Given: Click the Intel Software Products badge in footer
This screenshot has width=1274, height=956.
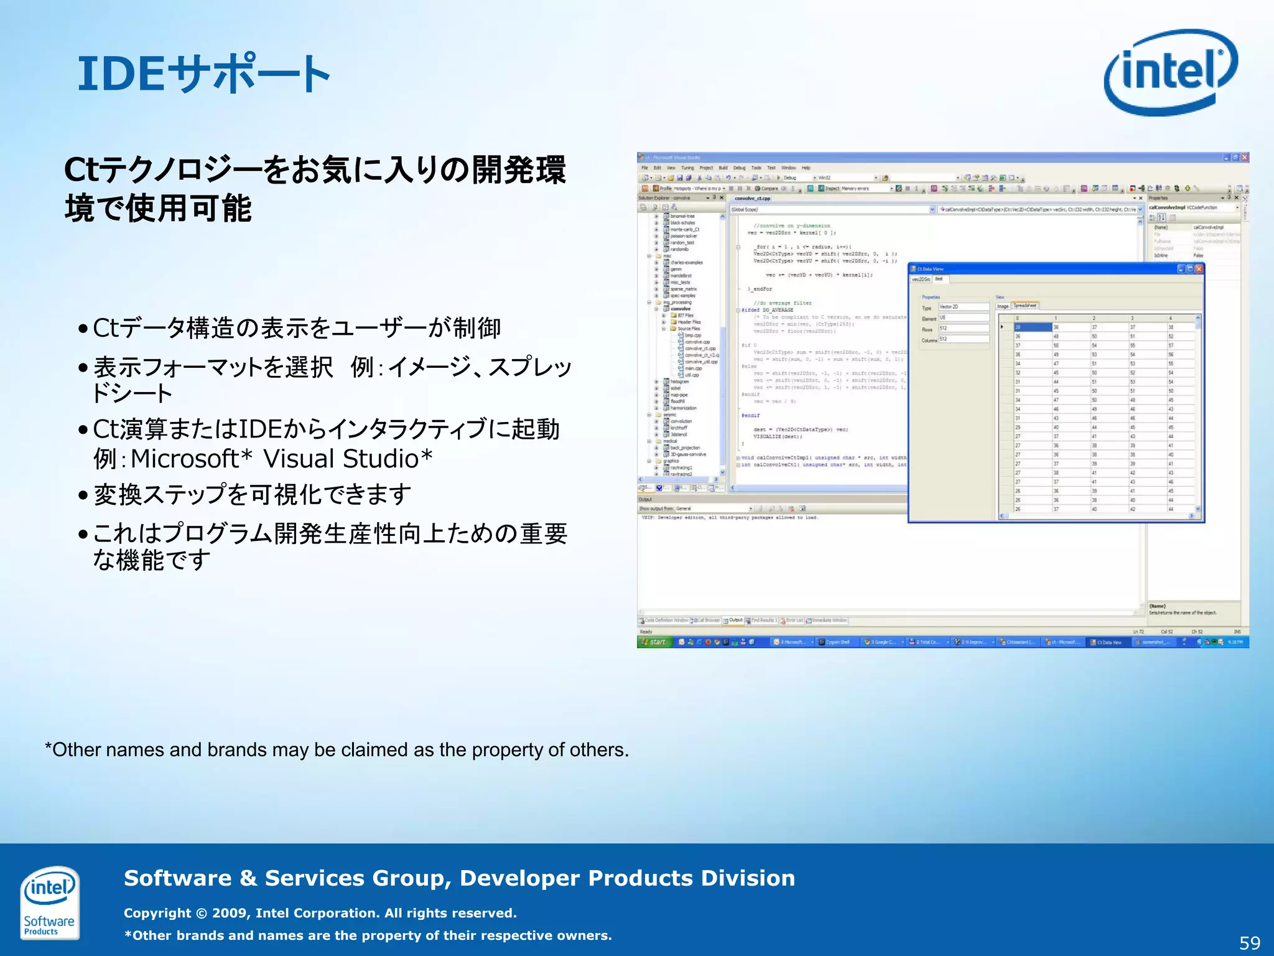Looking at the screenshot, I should pyautogui.click(x=49, y=902).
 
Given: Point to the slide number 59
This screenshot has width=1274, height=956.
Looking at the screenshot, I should pyautogui.click(x=1249, y=943).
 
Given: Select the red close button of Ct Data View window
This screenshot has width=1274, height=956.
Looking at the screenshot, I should pyautogui.click(x=1199, y=269).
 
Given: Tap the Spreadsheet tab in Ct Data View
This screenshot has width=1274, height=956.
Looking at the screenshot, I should pyautogui.click(x=1025, y=306).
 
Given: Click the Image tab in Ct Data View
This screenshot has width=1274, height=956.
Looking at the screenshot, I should pyautogui.click(x=1003, y=306).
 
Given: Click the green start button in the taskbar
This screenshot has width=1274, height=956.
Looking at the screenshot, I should pyautogui.click(x=654, y=642).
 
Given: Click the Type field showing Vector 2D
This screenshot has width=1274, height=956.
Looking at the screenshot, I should pyautogui.click(x=963, y=307).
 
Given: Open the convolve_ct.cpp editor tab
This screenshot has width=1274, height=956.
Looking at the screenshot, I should pyautogui.click(x=752, y=199).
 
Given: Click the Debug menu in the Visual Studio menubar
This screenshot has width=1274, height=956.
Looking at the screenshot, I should pyautogui.click(x=739, y=168).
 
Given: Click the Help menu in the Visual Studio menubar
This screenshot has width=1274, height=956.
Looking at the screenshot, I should pyautogui.click(x=806, y=168).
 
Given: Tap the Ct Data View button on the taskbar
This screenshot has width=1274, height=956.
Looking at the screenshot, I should pyautogui.click(x=1107, y=642).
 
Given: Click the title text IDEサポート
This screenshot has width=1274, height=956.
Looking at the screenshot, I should pyautogui.click(x=204, y=74).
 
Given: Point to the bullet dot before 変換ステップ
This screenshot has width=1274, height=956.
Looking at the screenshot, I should pyautogui.click(x=83, y=496).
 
